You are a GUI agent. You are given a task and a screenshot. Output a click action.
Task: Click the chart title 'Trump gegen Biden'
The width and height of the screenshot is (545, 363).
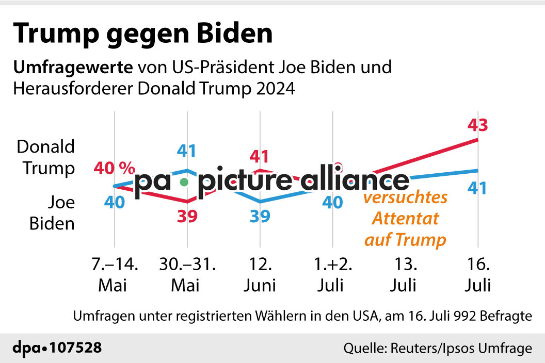click(143, 34)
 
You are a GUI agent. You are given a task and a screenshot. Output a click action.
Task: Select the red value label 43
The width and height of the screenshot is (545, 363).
click(477, 125)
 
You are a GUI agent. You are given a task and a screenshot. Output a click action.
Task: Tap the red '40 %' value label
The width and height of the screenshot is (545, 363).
click(114, 168)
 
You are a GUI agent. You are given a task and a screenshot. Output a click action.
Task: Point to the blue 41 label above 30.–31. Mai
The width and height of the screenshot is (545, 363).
click(187, 151)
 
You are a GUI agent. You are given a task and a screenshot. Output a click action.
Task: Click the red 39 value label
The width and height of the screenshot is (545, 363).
click(187, 217)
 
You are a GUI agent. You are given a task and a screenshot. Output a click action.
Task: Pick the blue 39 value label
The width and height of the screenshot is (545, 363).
click(260, 217)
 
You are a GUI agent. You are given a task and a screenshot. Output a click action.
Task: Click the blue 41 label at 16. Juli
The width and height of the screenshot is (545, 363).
click(477, 188)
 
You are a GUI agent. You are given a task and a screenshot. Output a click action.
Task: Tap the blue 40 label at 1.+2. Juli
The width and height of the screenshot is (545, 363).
click(332, 203)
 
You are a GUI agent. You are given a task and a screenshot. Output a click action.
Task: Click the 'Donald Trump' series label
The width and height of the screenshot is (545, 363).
click(46, 157)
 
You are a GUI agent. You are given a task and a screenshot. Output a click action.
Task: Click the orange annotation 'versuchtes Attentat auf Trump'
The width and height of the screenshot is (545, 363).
click(405, 219)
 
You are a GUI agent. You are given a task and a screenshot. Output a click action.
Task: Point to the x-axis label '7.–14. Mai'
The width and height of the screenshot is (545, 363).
click(114, 275)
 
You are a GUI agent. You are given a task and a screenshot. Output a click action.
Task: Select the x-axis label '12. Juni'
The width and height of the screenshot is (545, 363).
click(261, 275)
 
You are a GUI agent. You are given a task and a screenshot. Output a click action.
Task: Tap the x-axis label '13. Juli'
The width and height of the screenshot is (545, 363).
click(406, 275)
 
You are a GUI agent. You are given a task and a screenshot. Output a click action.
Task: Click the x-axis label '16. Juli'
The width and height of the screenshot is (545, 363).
click(477, 275)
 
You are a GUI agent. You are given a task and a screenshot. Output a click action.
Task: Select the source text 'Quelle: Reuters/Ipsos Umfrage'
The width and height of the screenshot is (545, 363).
click(438, 349)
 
